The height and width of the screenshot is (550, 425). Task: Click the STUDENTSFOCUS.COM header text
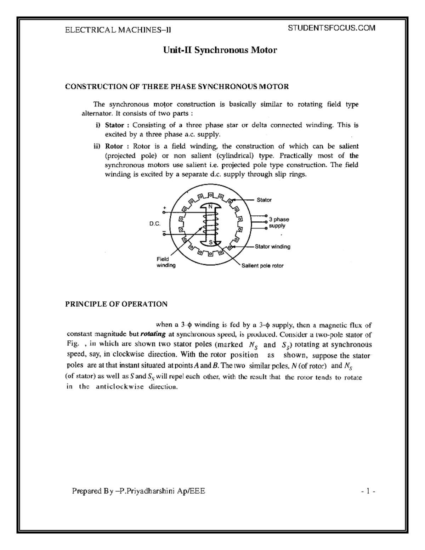coord(332,28)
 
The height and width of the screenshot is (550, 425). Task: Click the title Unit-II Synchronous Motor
coord(220,50)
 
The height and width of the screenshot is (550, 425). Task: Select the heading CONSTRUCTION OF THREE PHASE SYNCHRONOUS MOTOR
coord(177,86)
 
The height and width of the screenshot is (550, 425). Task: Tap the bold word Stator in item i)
coord(114,125)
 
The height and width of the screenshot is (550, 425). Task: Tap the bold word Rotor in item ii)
coord(114,147)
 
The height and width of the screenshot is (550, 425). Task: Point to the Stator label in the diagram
coord(264,200)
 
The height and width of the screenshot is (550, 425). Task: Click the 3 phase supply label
coord(279,223)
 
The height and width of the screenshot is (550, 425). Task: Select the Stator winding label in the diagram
coord(272,246)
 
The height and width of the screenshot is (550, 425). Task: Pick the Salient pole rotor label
coord(262,266)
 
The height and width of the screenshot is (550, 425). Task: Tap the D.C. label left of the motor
coord(155,224)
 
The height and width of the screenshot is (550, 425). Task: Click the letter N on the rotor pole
coord(210,206)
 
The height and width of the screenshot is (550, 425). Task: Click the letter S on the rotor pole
coord(210,243)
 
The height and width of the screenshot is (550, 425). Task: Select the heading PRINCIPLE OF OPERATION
coord(116,304)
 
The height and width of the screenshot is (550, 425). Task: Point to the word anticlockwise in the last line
coord(119,387)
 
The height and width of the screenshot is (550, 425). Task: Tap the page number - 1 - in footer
coord(368,491)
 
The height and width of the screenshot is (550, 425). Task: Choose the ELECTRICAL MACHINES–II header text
coord(118,30)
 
